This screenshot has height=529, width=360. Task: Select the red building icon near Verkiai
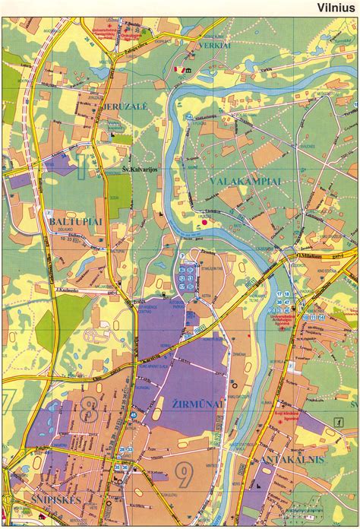(x=180, y=69)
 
